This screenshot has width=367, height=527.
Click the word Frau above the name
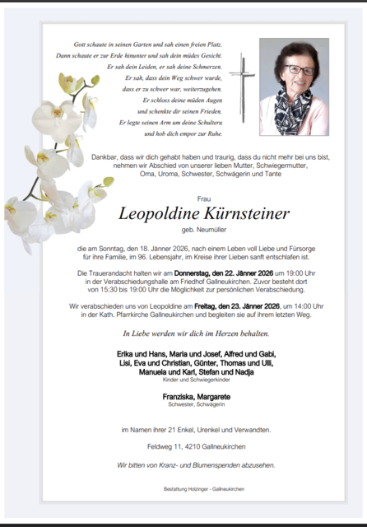pos(204,198)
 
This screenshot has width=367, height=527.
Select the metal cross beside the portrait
pos(243,86)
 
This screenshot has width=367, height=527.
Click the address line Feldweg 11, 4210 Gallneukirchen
pos(204,446)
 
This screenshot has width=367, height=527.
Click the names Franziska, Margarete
pos(196,396)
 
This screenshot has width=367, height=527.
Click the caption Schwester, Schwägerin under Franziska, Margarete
pos(196,404)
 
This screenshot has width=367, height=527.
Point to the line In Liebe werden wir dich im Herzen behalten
pos(196,333)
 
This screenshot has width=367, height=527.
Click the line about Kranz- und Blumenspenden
pos(196,464)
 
